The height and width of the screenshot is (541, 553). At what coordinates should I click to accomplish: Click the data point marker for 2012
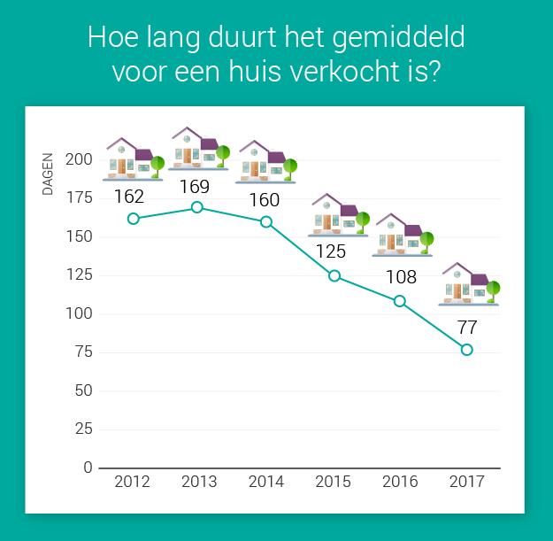coord(133,219)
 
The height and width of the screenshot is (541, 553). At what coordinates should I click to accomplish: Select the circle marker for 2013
coord(197,207)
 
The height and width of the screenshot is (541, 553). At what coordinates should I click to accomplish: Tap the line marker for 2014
coord(266,221)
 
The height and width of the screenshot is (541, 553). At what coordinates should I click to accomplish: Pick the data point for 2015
coord(334,275)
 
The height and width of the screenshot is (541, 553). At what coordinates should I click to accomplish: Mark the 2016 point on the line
coord(400,301)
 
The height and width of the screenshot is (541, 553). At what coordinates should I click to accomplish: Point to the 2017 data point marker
coord(467,350)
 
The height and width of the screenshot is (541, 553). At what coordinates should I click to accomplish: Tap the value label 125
coord(331,251)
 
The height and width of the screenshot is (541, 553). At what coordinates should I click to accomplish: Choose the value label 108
coord(401,277)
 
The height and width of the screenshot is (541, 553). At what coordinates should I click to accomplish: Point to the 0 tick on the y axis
coord(88,468)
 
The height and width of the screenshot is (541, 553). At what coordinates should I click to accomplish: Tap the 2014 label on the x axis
coord(266,483)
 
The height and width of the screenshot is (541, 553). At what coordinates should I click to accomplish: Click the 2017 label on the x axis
coord(466,483)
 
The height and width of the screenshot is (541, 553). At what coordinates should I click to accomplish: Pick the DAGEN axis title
coord(49,174)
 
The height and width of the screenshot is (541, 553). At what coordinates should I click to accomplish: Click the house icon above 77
coord(470,284)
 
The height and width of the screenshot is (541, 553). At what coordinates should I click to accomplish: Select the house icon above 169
coord(198,149)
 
